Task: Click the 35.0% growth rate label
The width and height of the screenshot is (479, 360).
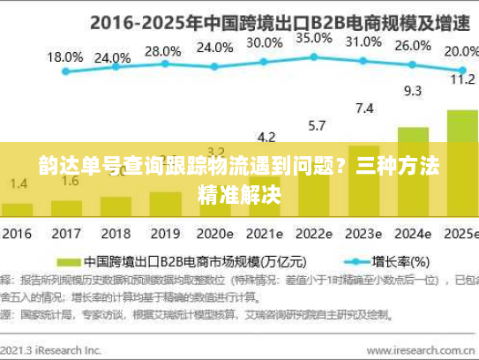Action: pyautogui.click(x=315, y=39)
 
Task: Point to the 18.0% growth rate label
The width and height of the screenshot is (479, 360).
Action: pyautogui.click(x=64, y=56)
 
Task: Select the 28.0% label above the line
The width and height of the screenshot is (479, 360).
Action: pyautogui.click(x=161, y=51)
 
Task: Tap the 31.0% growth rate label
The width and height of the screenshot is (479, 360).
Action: pyautogui.click(x=364, y=42)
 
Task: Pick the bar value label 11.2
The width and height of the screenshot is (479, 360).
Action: pyautogui.click(x=461, y=79)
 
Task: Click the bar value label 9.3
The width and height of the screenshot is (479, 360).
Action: pyautogui.click(x=413, y=90)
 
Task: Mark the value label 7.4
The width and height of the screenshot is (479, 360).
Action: pyautogui.click(x=363, y=109)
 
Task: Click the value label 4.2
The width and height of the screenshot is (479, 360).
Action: pyautogui.click(x=266, y=137)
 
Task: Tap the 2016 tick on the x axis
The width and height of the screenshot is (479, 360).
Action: pyautogui.click(x=17, y=235)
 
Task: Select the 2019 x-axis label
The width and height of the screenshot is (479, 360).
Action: pyautogui.click(x=162, y=235)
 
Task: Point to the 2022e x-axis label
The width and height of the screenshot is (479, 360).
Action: pyautogui.click(x=314, y=235)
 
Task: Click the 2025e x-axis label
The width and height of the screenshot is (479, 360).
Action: pyautogui.click(x=460, y=235)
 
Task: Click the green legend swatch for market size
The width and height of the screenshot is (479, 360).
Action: pyautogui.click(x=69, y=262)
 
